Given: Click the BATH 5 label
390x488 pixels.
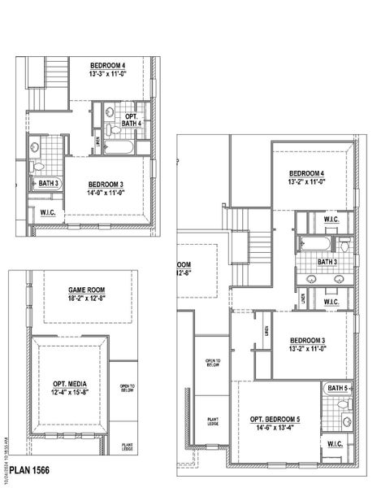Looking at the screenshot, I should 336,389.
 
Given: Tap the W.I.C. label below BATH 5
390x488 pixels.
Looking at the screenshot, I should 335,444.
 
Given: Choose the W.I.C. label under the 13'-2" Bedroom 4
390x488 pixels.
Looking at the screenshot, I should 331,219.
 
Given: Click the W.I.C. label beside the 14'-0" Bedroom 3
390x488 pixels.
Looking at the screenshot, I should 48,213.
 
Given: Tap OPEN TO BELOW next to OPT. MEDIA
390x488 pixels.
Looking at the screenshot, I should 126,388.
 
